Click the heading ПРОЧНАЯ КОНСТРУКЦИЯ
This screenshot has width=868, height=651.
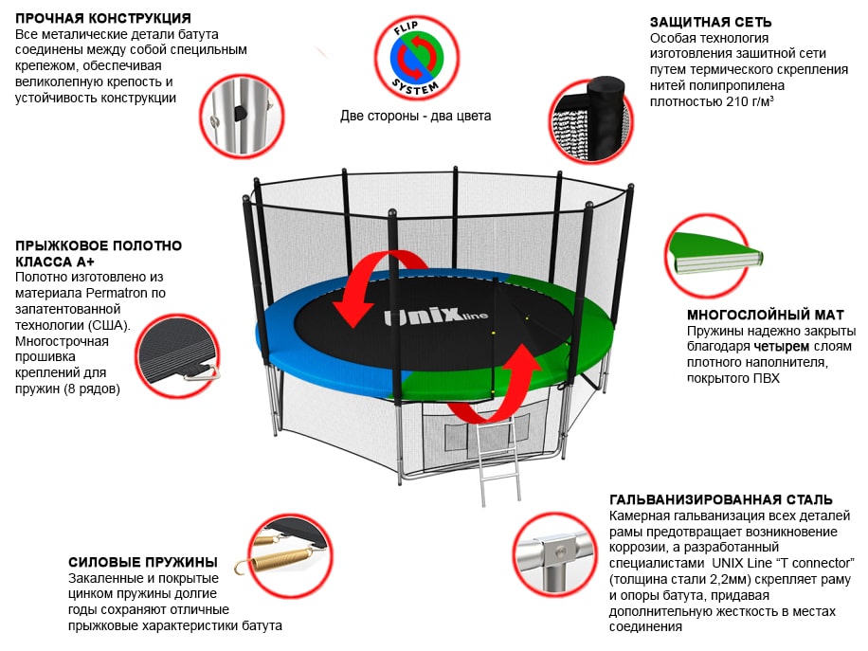[x=103, y=18]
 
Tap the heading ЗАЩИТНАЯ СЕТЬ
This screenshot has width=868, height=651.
[x=711, y=22]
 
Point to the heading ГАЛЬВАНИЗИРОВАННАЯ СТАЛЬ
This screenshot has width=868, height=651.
[x=721, y=499]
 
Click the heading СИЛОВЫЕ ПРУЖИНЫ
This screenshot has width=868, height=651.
[x=142, y=562]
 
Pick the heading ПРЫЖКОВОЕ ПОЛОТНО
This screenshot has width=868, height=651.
[x=99, y=245]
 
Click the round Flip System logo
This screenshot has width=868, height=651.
[x=416, y=60]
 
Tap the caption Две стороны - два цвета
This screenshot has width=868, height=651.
[x=416, y=117]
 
